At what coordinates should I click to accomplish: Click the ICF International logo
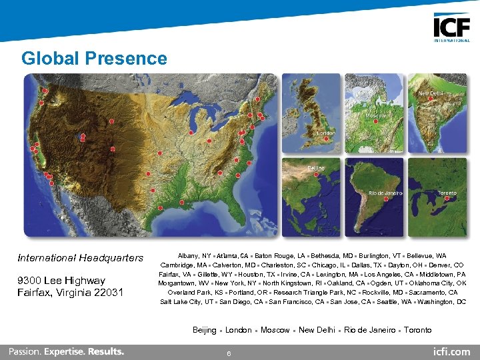451,29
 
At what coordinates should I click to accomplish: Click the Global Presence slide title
94,59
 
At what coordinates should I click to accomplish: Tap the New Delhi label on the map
431,94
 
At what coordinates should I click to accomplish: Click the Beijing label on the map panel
316,168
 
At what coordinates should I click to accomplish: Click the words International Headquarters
81,258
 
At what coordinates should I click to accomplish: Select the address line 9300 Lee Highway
61,280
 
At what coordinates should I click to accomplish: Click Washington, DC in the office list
441,302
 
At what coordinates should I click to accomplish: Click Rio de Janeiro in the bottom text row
369,330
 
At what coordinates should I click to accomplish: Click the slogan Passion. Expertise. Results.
66,351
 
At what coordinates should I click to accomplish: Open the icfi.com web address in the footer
451,351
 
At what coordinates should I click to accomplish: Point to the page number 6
229,353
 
